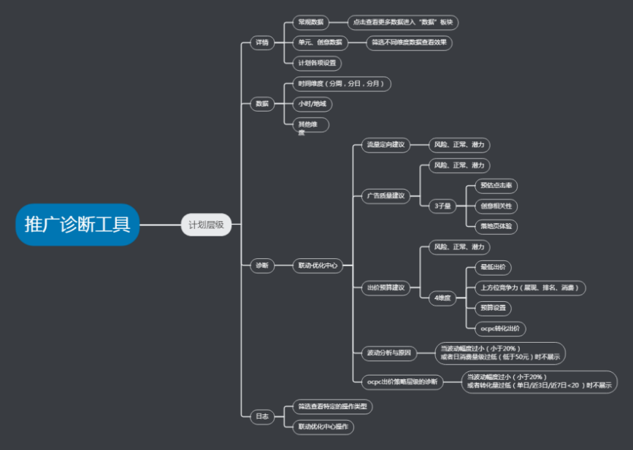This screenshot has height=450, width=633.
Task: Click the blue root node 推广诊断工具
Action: click(77, 225)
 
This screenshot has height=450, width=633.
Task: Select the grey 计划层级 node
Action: click(206, 225)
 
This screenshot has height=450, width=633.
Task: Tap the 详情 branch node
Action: click(261, 43)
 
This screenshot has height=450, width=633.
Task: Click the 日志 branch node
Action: click(261, 416)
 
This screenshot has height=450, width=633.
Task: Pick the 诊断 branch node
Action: click(261, 266)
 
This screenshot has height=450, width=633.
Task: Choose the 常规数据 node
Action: click(310, 23)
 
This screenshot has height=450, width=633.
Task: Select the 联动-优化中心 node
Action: click(316, 266)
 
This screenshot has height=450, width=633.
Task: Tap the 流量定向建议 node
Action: click(386, 145)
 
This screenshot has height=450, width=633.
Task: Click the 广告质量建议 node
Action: click(386, 195)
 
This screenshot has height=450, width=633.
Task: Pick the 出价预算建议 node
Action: click(386, 287)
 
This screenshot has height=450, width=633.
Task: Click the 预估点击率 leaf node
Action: click(496, 186)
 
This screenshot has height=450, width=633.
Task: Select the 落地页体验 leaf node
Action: click(496, 227)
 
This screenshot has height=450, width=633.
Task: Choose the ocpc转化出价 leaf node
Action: click(499, 329)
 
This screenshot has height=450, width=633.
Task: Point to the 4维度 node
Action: click(442, 298)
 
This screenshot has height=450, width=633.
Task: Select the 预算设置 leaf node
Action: click(493, 308)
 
